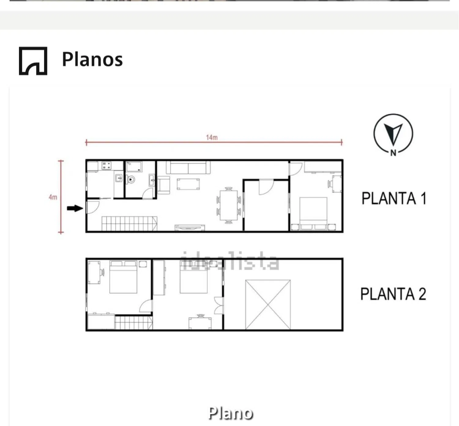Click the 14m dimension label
tap(212, 137)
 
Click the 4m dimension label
tap(53, 197)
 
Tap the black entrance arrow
tap(75, 208)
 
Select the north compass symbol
tap(393, 134)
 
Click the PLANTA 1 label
tap(394, 198)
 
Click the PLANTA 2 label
tap(393, 294)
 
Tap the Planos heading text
tap(92, 59)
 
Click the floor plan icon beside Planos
tap(33, 61)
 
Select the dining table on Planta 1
tap(228, 205)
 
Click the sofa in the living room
tap(188, 168)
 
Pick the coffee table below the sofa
tap(188, 184)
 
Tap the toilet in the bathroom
tap(131, 179)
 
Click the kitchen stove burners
tap(106, 166)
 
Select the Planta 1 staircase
tap(129, 223)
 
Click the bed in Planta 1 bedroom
tap(313, 212)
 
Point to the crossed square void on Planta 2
tap(268, 305)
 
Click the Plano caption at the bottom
tap(230, 413)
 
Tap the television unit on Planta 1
tap(189, 227)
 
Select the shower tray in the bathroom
tap(134, 167)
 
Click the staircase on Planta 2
tap(133, 323)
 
